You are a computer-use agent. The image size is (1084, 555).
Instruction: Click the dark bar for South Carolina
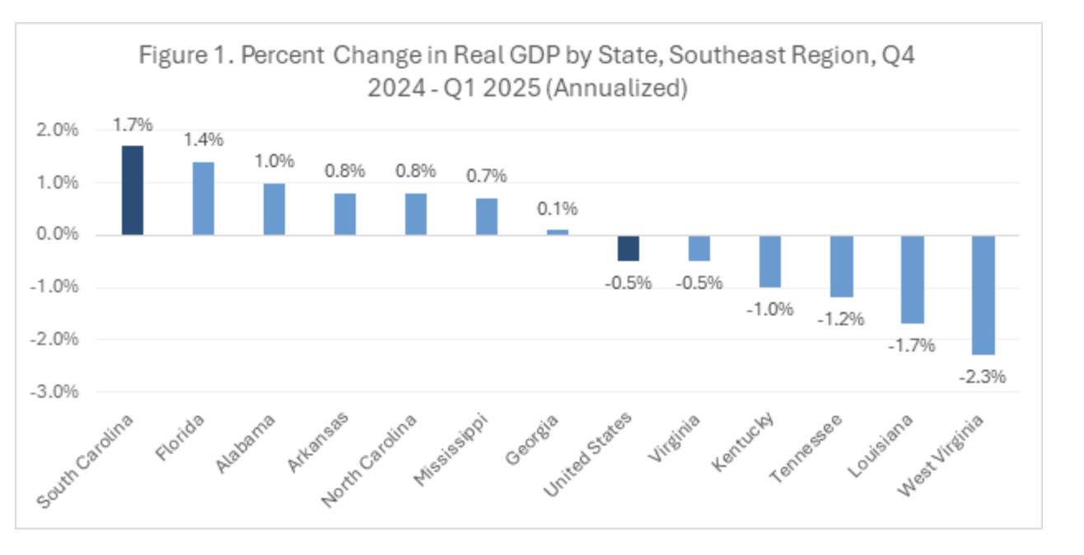[133, 190]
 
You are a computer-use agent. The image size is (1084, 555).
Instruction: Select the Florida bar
[203, 198]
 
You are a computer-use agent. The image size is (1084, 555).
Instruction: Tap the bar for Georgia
[558, 232]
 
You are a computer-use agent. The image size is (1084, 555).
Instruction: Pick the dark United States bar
[628, 248]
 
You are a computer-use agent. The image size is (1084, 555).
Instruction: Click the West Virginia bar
[984, 295]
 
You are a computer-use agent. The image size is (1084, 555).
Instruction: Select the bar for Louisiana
[912, 279]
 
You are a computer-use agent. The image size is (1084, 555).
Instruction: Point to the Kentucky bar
[770, 261]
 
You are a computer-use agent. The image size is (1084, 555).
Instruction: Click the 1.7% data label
[133, 125]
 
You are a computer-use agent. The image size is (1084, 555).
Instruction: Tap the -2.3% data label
[983, 377]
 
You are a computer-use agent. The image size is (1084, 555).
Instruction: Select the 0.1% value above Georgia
[558, 208]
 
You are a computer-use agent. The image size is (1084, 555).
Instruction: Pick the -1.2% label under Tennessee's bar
[841, 319]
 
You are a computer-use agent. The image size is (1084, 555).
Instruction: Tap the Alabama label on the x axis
[247, 443]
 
